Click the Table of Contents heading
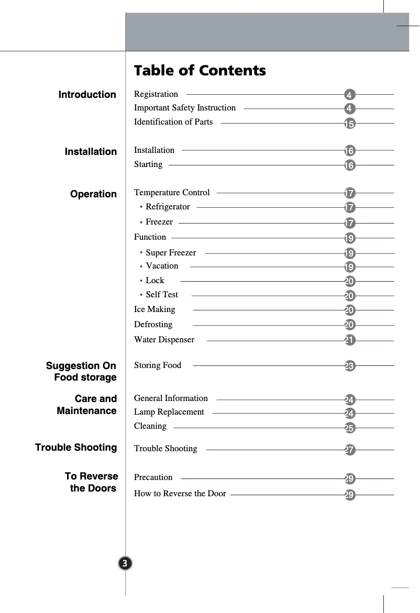click(200, 71)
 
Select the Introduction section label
click(87, 95)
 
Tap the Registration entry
click(156, 94)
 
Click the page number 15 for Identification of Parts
click(350, 124)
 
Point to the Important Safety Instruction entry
click(185, 108)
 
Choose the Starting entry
click(148, 164)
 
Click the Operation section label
click(93, 194)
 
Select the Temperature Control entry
click(172, 193)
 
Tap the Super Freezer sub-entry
click(171, 253)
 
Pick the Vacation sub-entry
click(162, 266)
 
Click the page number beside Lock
click(350, 282)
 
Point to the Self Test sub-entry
click(162, 295)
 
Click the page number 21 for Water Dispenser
click(350, 341)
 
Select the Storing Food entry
click(158, 365)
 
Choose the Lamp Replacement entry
click(169, 412)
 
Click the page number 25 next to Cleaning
click(350, 429)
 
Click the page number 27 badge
click(350, 450)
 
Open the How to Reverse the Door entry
click(180, 494)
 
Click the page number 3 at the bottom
click(125, 563)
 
